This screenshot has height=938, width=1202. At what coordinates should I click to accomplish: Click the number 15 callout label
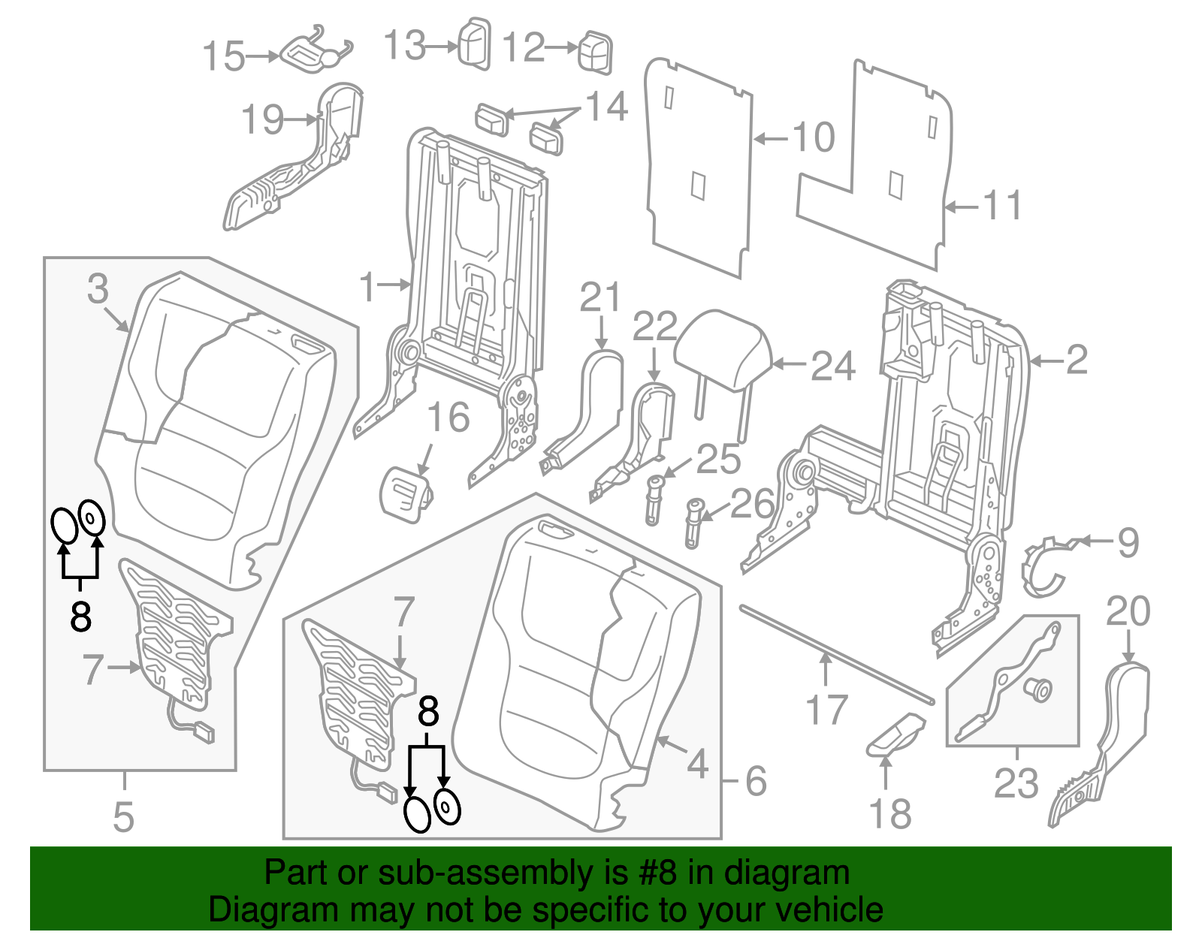click(x=224, y=56)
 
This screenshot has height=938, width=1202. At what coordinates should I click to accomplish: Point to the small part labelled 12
click(x=595, y=53)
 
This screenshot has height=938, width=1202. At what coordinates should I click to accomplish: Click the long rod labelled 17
click(x=834, y=653)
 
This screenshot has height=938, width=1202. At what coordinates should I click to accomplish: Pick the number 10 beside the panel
click(x=814, y=137)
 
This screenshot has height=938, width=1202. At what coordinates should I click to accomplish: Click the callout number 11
click(x=1003, y=206)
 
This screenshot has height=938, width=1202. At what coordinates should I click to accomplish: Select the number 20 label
click(x=1128, y=612)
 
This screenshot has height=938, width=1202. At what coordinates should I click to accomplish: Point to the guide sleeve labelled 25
click(x=654, y=499)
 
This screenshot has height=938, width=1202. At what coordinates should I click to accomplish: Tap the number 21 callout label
click(x=600, y=298)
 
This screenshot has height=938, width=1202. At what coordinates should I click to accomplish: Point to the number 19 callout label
click(x=262, y=120)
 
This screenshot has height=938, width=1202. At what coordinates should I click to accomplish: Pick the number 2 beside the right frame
click(x=1077, y=360)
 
